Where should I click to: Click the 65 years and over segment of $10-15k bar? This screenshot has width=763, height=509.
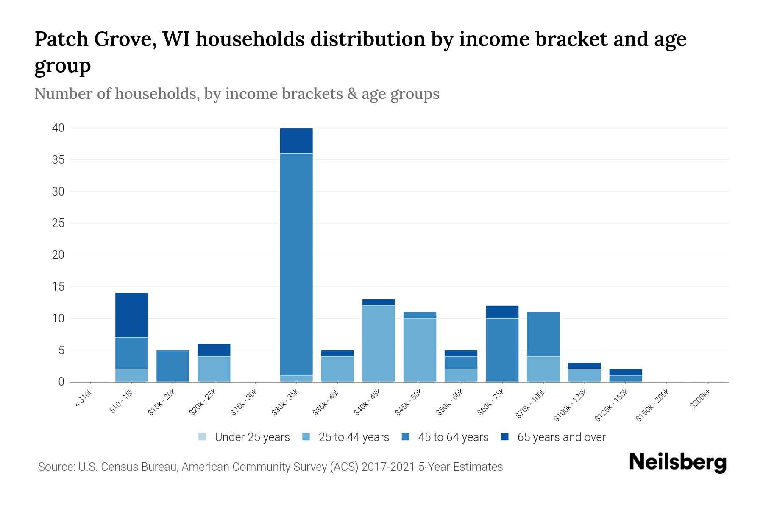pyautogui.click(x=131, y=315)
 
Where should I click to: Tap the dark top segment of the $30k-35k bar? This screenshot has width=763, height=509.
pyautogui.click(x=296, y=140)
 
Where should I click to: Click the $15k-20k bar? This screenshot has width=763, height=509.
pyautogui.click(x=173, y=366)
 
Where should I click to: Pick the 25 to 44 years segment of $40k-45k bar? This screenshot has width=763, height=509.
pyautogui.click(x=379, y=343)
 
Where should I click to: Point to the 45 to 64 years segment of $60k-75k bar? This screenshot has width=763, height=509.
pyautogui.click(x=502, y=350)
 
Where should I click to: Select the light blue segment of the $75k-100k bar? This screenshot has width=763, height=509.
pyautogui.click(x=543, y=369)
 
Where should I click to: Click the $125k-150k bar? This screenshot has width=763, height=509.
pyautogui.click(x=625, y=375)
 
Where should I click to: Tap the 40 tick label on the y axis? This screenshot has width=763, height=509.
pyautogui.click(x=58, y=128)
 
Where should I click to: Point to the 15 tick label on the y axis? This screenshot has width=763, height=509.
pyautogui.click(x=58, y=287)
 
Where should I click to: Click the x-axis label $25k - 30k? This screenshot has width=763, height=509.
pyautogui.click(x=245, y=403)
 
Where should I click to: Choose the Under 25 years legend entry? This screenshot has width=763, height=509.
pyautogui.click(x=252, y=437)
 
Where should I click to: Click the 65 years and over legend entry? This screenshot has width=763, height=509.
pyautogui.click(x=561, y=437)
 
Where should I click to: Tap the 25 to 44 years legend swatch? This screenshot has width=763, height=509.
pyautogui.click(x=306, y=437)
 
